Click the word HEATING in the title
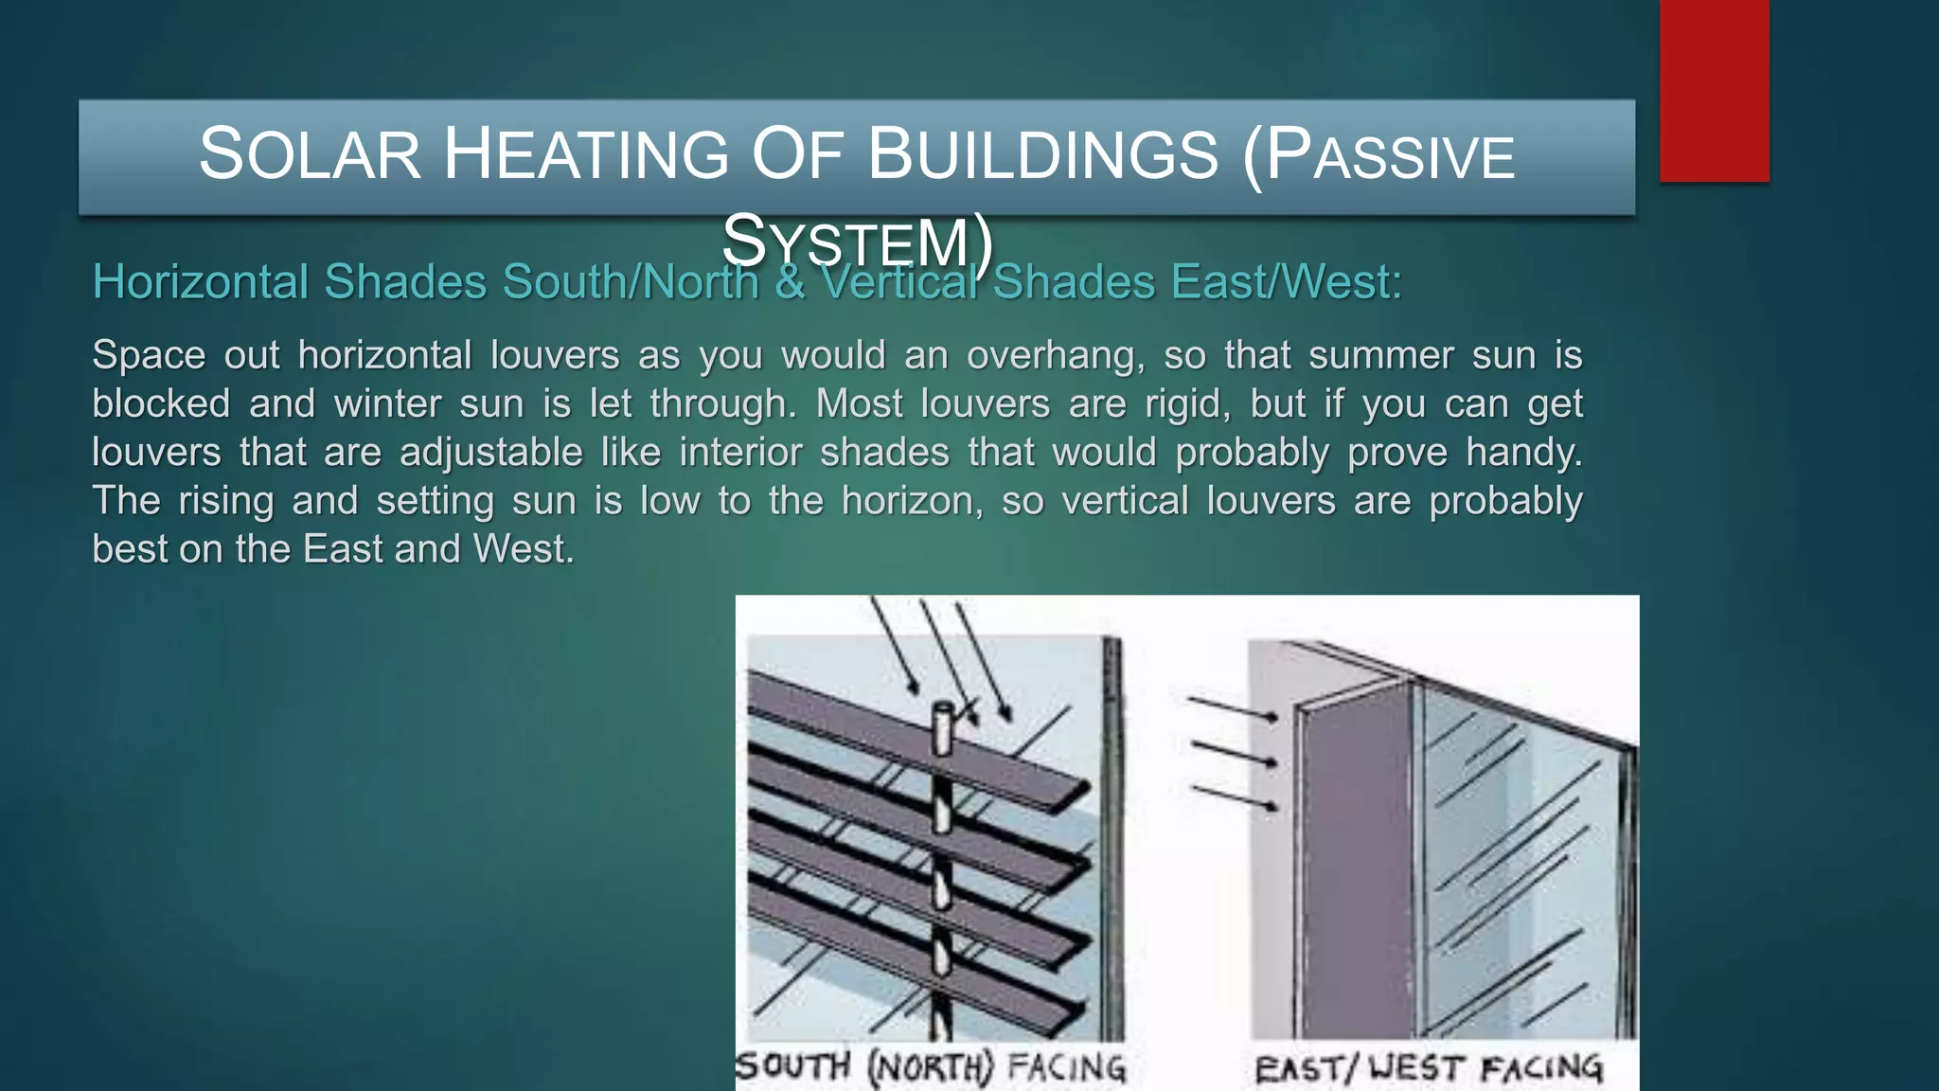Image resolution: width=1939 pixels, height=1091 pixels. tap(586, 154)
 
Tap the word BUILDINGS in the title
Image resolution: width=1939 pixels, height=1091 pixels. tap(1042, 154)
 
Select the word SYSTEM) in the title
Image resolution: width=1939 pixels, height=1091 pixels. tap(858, 241)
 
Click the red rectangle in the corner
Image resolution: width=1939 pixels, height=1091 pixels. tap(1714, 90)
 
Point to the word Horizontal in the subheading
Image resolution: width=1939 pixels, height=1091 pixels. tap(201, 282)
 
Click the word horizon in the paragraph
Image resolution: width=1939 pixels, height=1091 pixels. tap(912, 500)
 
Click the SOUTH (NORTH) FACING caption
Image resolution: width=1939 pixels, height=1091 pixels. tap(931, 1067)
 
